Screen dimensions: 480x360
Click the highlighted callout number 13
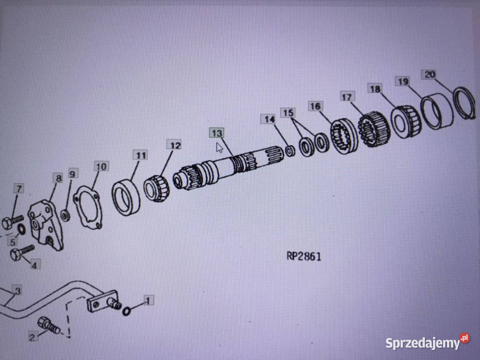[x=216, y=133]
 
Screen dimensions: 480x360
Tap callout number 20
[x=429, y=74]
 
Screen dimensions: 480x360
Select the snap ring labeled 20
[x=464, y=103]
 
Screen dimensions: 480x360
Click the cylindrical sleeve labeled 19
[x=436, y=111]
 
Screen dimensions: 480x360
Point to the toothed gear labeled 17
[x=374, y=129]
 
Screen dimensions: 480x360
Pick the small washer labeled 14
[x=290, y=151]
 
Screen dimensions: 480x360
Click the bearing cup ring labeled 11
[x=126, y=197]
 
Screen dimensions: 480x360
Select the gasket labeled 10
[x=87, y=207]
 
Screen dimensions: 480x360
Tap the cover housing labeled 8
[x=45, y=224]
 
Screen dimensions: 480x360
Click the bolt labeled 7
[x=13, y=222]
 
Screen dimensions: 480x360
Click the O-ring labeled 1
[x=126, y=311]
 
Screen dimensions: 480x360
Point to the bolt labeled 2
[x=48, y=325]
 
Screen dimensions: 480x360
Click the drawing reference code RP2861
[x=304, y=256]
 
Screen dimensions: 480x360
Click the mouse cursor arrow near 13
[x=219, y=148]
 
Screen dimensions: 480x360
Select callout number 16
[x=315, y=106]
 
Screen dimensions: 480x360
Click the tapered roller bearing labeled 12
[x=156, y=188]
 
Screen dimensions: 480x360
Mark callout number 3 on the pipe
[x=17, y=290]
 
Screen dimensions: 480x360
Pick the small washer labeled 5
[x=21, y=229]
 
